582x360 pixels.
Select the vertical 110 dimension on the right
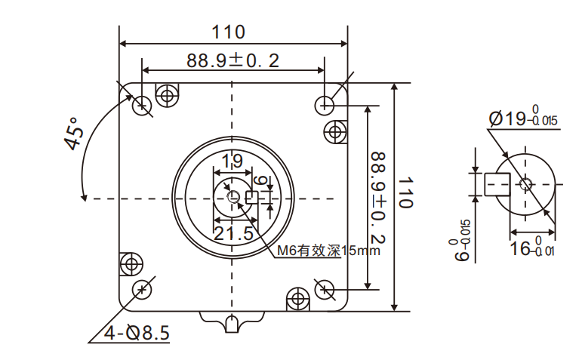click(x=406, y=193)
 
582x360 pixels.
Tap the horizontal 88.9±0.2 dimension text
click(x=233, y=60)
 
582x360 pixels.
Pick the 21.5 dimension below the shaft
click(x=232, y=233)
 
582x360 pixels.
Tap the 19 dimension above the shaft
click(x=232, y=160)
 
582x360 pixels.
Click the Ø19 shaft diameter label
click(x=522, y=119)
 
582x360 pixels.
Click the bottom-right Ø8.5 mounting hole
click(x=325, y=288)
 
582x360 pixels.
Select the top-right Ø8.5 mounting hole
click(x=325, y=103)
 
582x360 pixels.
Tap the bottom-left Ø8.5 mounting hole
click(x=141, y=289)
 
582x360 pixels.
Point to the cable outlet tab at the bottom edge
click(x=232, y=322)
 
